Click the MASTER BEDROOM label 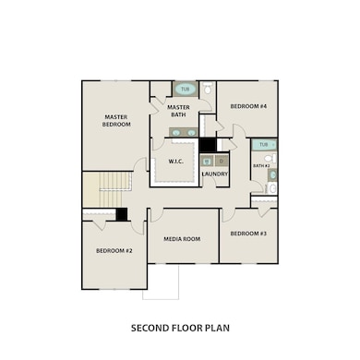[115, 121]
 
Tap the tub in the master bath [185, 90]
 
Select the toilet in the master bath [208, 90]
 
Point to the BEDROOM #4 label [248, 106]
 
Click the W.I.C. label [176, 162]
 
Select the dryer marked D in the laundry [222, 161]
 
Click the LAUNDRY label [214, 174]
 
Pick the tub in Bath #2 [264, 145]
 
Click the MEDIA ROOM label [182, 239]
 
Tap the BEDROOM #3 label [248, 234]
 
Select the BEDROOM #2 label [114, 250]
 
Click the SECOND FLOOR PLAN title [180, 327]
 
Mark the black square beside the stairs [121, 214]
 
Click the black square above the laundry [207, 145]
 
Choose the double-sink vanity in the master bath [183, 132]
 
